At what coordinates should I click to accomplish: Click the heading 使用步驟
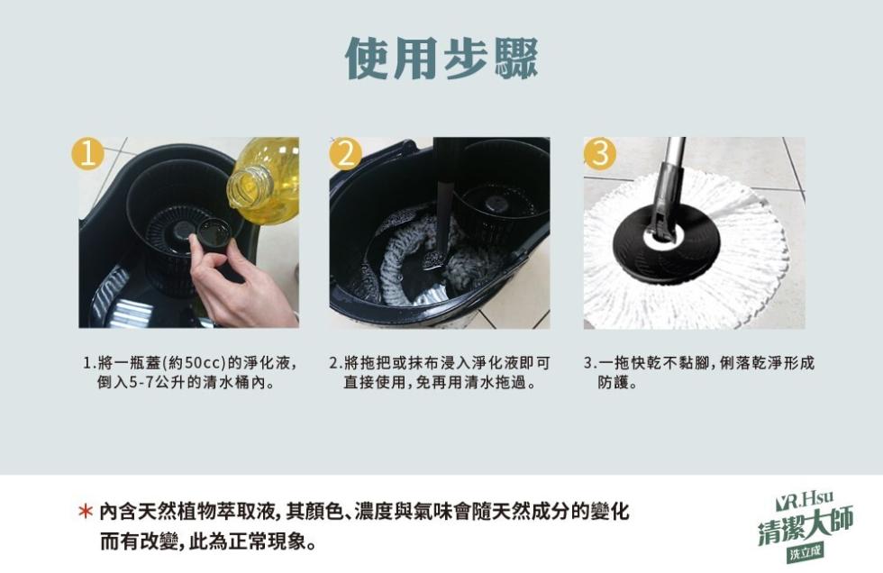441,59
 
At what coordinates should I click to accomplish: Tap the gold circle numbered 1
87,153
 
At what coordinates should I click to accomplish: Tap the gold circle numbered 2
345,154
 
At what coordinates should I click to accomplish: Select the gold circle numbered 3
600,154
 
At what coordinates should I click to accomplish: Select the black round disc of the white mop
666,242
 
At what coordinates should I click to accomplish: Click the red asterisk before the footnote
85,511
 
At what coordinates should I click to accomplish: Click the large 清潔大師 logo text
806,526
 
